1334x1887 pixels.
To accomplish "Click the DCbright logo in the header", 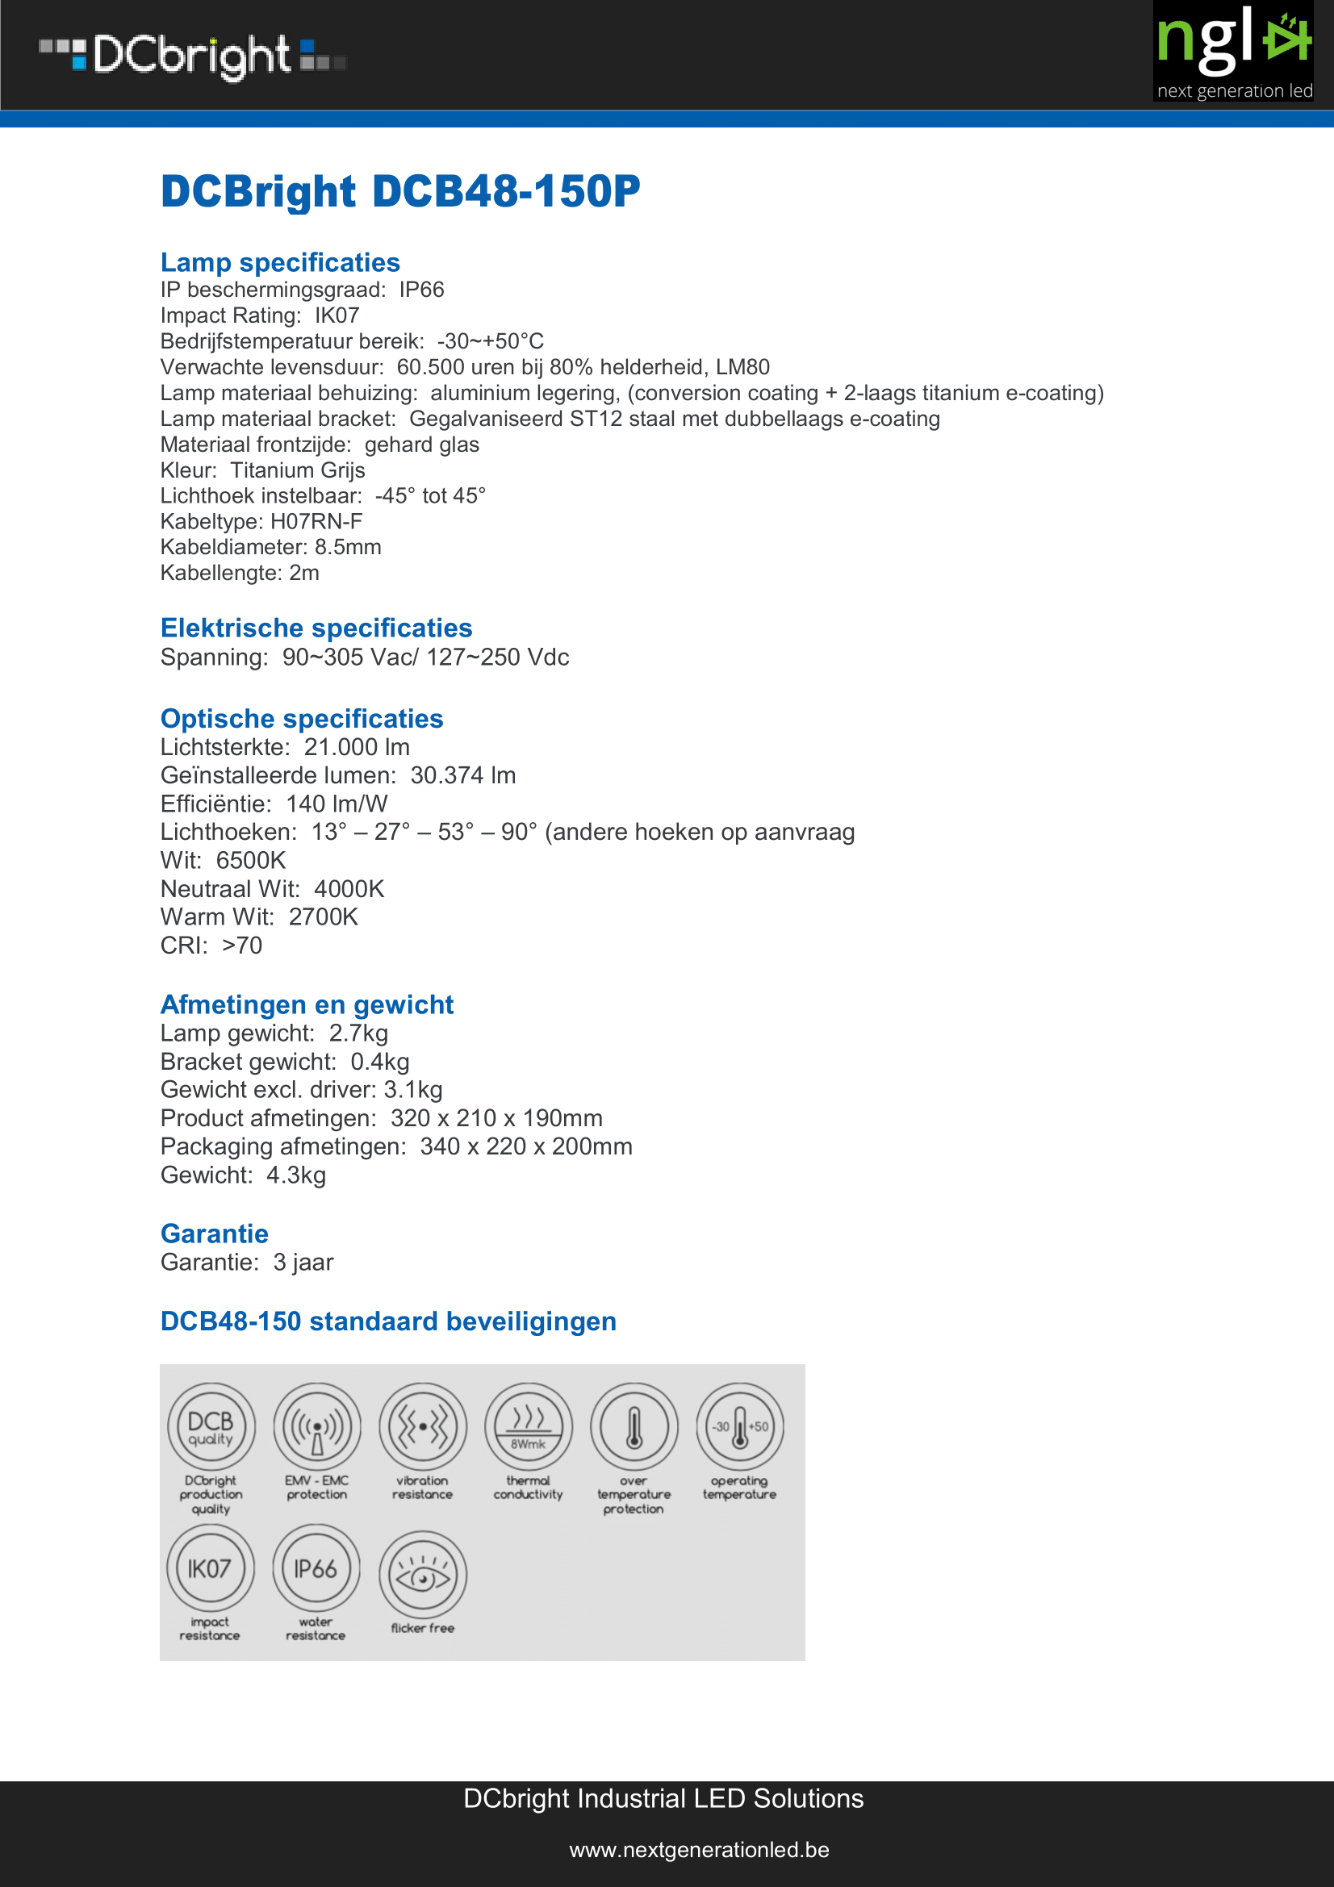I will pyautogui.click(x=192, y=56).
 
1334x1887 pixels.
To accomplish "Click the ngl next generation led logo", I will pyautogui.click(x=1233, y=52).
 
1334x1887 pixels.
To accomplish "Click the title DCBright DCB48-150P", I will pyautogui.click(x=399, y=191).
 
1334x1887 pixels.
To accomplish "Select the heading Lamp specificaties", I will pyautogui.click(x=279, y=262).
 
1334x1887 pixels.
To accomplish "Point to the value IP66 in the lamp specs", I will pyautogui.click(x=421, y=290).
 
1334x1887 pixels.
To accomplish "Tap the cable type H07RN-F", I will pyautogui.click(x=316, y=522).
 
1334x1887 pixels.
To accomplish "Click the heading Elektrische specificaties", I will pyautogui.click(x=316, y=628).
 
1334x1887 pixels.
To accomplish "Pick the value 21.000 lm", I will pyautogui.click(x=357, y=747).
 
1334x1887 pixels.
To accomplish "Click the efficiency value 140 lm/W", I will pyautogui.click(x=337, y=804).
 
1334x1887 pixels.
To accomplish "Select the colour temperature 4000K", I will pyautogui.click(x=349, y=889).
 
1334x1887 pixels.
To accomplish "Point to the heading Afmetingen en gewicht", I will pyautogui.click(x=307, y=1004).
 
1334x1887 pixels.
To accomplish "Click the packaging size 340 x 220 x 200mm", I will pyautogui.click(x=526, y=1146).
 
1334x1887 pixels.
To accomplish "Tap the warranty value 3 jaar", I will pyautogui.click(x=303, y=1263).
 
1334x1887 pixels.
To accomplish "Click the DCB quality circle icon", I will pyautogui.click(x=211, y=1427).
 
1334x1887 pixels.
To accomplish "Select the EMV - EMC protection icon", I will pyautogui.click(x=317, y=1427).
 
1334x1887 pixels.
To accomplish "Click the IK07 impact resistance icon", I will pyautogui.click(x=211, y=1568).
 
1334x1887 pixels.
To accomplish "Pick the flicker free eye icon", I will pyautogui.click(x=423, y=1574).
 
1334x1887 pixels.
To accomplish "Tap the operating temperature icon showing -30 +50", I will pyautogui.click(x=740, y=1427).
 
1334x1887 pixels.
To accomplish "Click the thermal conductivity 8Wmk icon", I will pyautogui.click(x=529, y=1427).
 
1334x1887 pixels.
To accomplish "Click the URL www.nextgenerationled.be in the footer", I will pyautogui.click(x=699, y=1850).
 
